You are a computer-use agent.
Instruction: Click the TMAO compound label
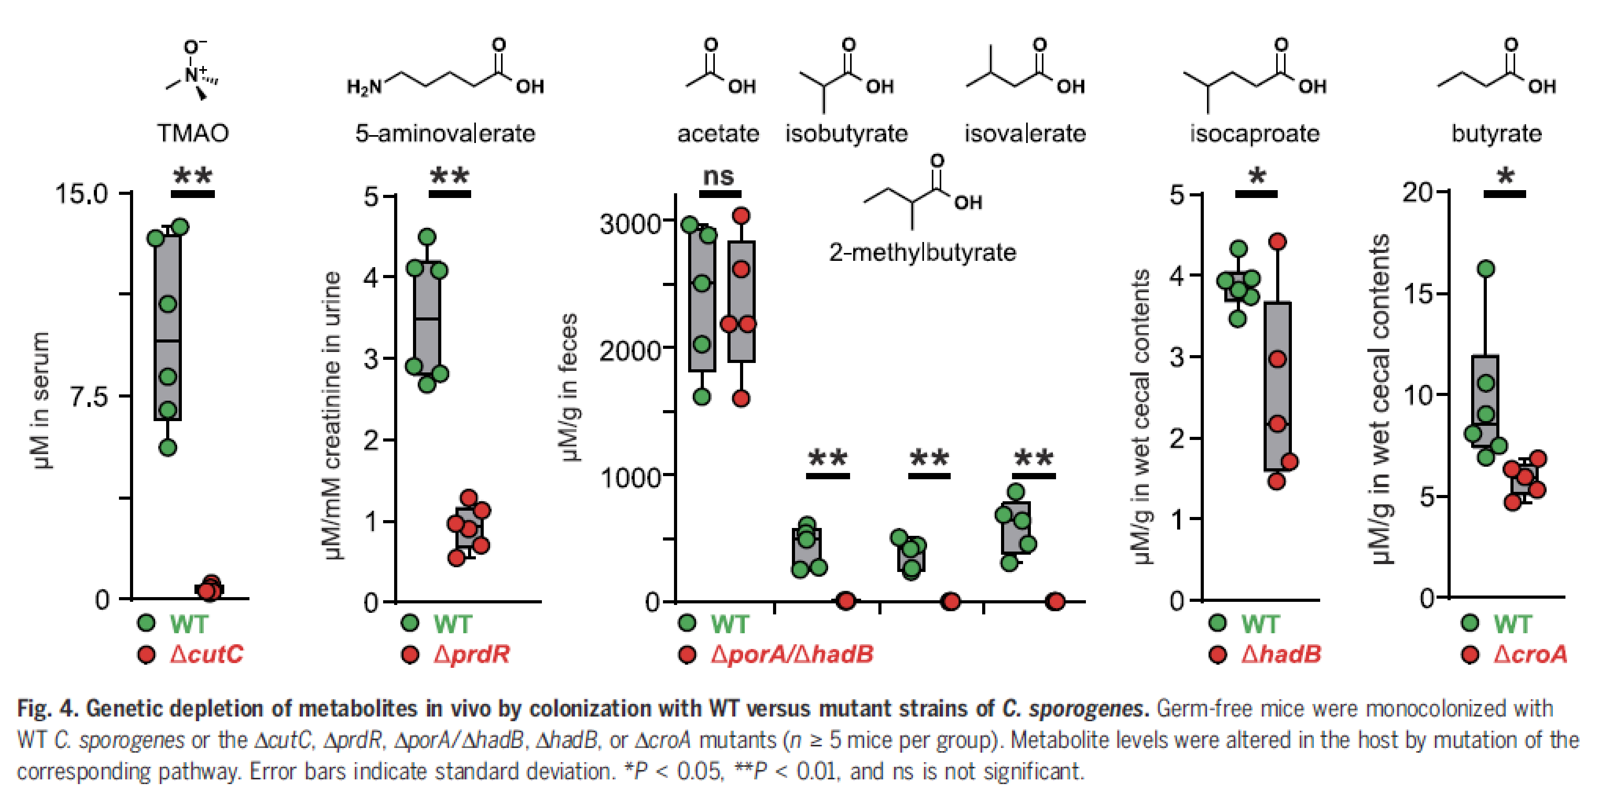[x=192, y=133]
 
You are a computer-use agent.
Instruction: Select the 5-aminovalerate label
[x=445, y=133]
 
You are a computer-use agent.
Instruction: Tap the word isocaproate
[x=1254, y=133]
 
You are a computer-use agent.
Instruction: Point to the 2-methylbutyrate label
[x=922, y=252]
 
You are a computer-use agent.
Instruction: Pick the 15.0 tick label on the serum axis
[x=81, y=194]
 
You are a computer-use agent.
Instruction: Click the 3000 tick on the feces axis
[x=630, y=223]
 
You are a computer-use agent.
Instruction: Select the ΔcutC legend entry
[x=206, y=654]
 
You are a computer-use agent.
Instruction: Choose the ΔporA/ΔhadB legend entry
[x=792, y=654]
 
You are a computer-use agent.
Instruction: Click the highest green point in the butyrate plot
[x=1486, y=269]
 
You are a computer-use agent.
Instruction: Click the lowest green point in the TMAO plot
[x=168, y=447]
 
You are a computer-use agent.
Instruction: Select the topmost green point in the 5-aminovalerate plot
[x=428, y=237]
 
